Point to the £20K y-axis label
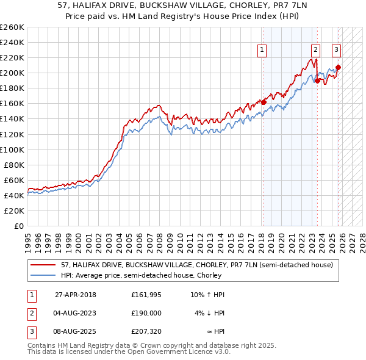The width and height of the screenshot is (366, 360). coord(13,211)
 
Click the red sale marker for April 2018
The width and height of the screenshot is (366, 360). coord(264,102)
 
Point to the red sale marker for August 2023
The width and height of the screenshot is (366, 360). coord(317,80)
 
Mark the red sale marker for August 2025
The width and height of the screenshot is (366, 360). coord(338,67)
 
